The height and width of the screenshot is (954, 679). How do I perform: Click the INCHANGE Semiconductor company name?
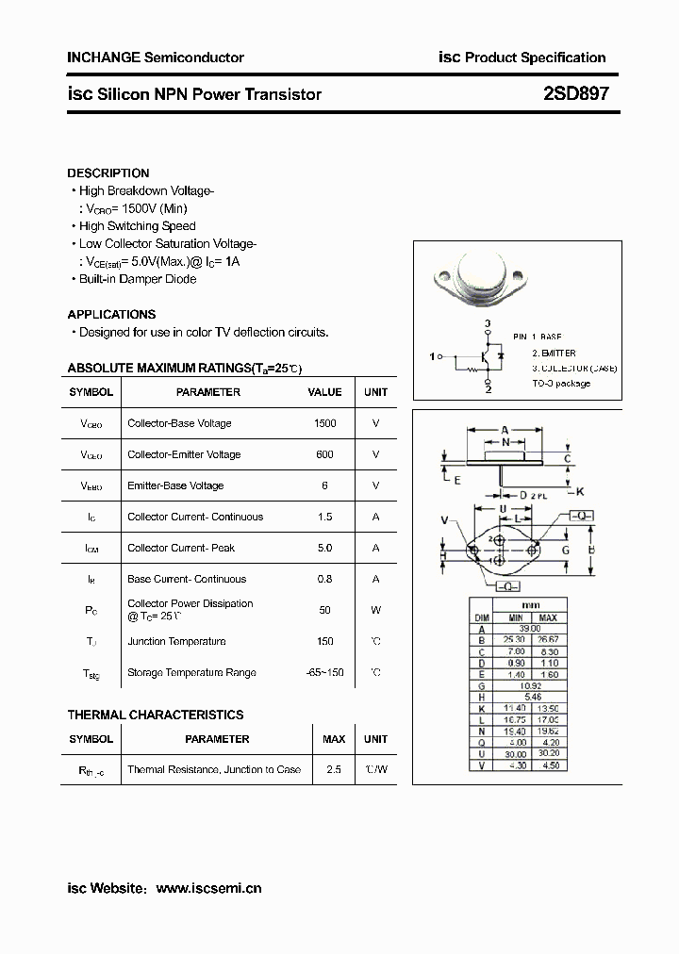(x=156, y=58)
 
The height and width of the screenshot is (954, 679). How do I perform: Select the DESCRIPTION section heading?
(x=108, y=173)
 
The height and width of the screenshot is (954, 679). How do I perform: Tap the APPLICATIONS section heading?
(x=111, y=314)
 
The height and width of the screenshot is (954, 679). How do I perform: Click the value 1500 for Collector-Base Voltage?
(x=324, y=423)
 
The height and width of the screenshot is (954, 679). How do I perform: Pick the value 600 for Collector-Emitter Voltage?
(x=324, y=454)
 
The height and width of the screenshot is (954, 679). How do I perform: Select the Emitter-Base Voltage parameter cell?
(x=175, y=485)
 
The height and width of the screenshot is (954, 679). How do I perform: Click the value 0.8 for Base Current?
(x=324, y=579)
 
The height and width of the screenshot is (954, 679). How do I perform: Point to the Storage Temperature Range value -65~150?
(x=324, y=672)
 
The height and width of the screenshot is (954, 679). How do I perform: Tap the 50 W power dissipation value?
(x=324, y=610)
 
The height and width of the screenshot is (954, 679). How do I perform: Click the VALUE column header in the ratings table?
(x=324, y=392)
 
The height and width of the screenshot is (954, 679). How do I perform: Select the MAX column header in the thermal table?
(x=334, y=739)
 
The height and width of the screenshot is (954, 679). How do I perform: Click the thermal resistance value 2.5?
(x=334, y=769)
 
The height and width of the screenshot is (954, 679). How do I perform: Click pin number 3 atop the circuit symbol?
(x=488, y=324)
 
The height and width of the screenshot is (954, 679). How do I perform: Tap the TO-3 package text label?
(x=561, y=383)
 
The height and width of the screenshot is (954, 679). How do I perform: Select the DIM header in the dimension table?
(x=481, y=617)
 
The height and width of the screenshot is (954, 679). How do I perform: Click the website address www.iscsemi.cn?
(x=208, y=888)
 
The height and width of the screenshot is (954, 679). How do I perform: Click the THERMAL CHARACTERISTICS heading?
(x=156, y=715)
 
